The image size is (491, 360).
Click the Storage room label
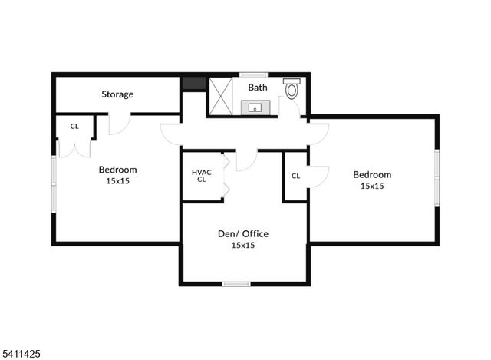pyautogui.click(x=117, y=94)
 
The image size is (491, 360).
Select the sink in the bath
pyautogui.click(x=254, y=107)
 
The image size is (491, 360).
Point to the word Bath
pyautogui.click(x=257, y=88)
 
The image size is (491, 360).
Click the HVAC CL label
pyautogui.click(x=201, y=176)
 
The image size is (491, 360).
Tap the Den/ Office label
pyautogui.click(x=242, y=233)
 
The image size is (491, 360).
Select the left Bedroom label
pyautogui.click(x=117, y=170)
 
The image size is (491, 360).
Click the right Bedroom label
pyautogui.click(x=372, y=173)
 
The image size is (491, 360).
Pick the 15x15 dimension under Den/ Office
pyautogui.click(x=242, y=246)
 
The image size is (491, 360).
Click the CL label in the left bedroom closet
pyautogui.click(x=74, y=127)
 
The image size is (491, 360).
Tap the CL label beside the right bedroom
pyautogui.click(x=295, y=176)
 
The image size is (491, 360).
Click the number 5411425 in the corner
pyautogui.click(x=21, y=354)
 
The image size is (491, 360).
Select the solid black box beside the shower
pyautogui.click(x=193, y=84)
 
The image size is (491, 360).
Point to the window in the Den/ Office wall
pyautogui.click(x=236, y=284)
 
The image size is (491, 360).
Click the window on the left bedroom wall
pyautogui.click(x=54, y=184)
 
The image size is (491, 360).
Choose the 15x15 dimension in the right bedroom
pyautogui.click(x=372, y=186)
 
